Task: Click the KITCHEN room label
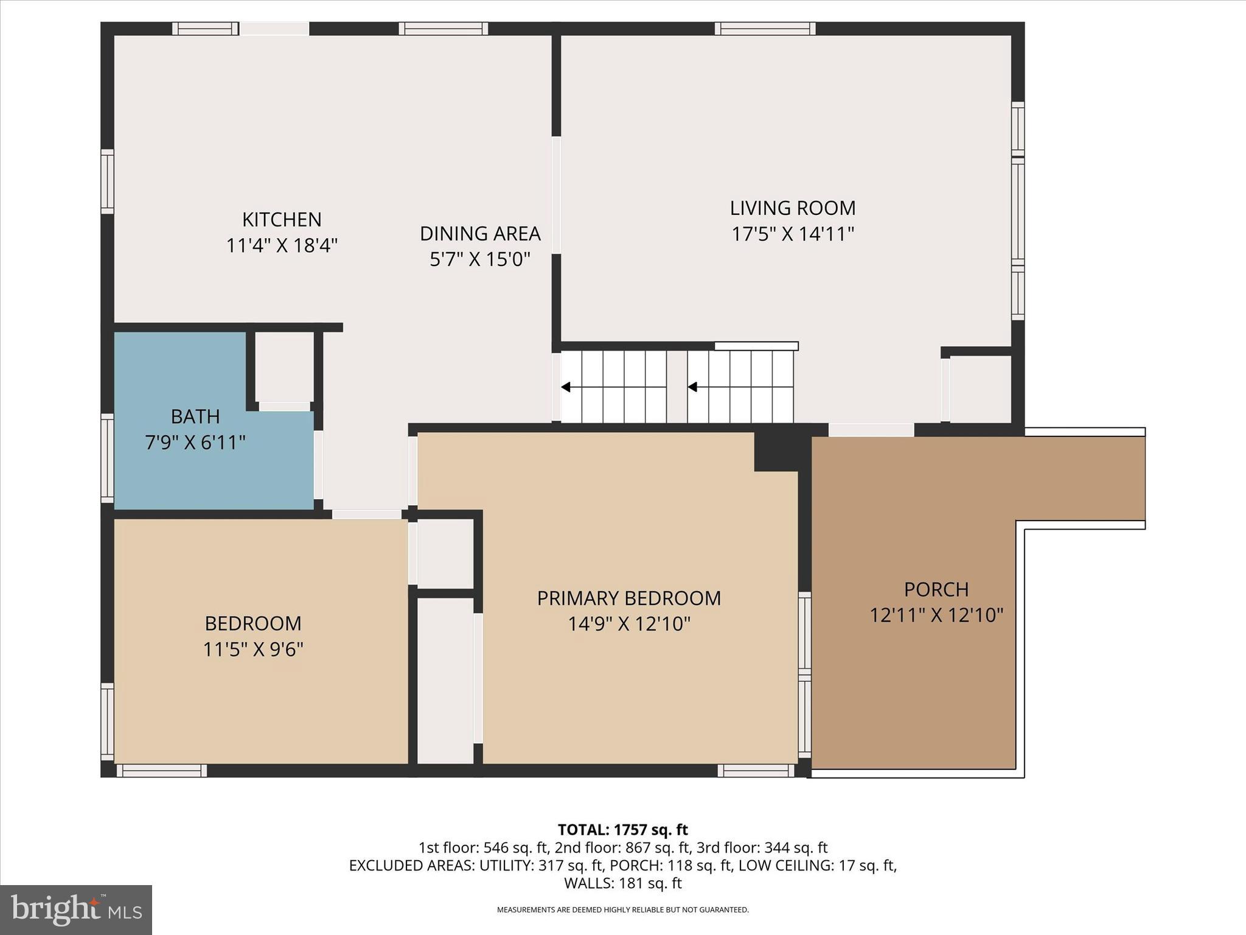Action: point(282,220)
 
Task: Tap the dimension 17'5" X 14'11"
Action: point(793,234)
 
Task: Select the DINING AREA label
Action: point(480,234)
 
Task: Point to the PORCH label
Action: point(936,589)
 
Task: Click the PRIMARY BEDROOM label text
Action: point(628,598)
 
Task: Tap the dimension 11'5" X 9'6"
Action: point(253,650)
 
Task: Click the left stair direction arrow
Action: point(566,387)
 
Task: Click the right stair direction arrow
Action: point(692,387)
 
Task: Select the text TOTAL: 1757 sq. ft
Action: point(622,830)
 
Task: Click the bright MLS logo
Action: point(76,909)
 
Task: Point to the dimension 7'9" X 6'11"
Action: point(195,443)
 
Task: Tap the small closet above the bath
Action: point(284,366)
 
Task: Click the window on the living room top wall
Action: point(765,29)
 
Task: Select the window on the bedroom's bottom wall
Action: point(162,771)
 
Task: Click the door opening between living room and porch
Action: point(871,430)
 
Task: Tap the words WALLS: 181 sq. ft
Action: point(622,883)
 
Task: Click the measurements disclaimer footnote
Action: point(622,910)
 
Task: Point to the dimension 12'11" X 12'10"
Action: point(936,615)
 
